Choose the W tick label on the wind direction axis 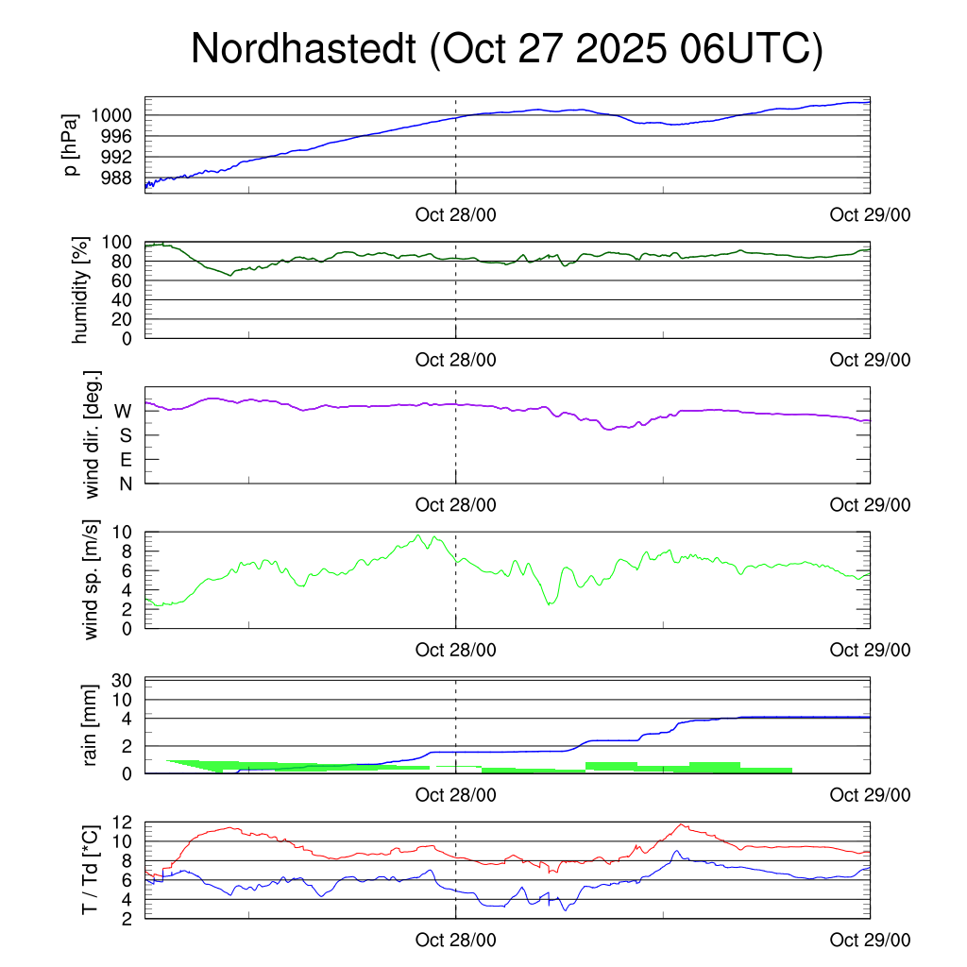point(124,411)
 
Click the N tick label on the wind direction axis point(126,483)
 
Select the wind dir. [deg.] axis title point(93,435)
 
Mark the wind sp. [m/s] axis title point(93,580)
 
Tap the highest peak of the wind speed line point(418,535)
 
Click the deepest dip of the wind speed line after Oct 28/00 point(550,603)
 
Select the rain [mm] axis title point(93,725)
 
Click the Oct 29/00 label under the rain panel point(870,795)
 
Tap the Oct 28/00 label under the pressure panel point(455,214)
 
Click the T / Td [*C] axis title point(90,869)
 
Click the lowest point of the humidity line point(231,275)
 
